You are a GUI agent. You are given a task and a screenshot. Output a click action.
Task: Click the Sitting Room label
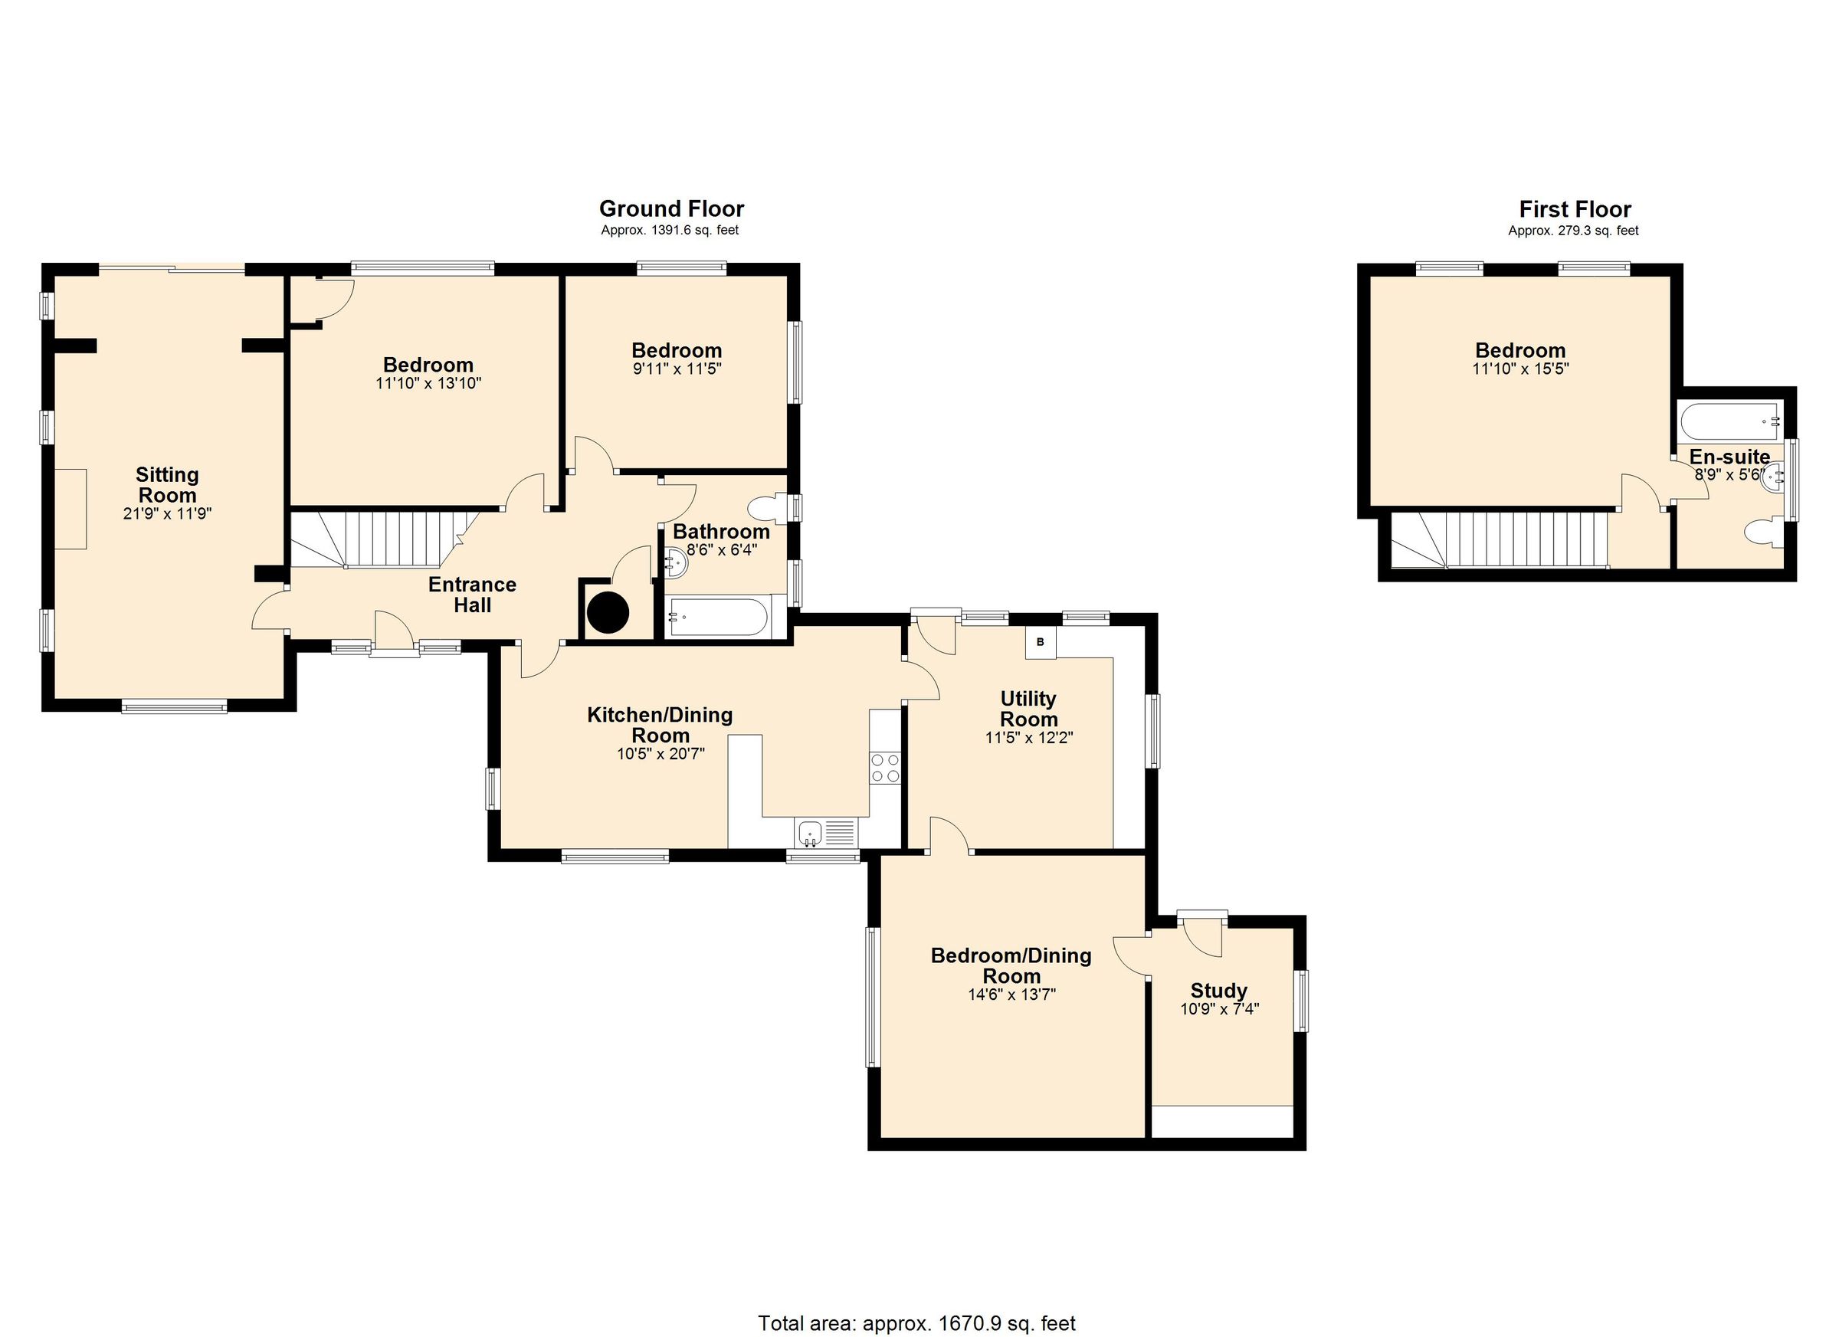(x=167, y=485)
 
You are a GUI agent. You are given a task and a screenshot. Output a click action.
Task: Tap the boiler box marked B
(x=1041, y=641)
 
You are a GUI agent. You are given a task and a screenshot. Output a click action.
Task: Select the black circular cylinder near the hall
(x=608, y=613)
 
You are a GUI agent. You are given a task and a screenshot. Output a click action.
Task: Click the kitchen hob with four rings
(x=884, y=768)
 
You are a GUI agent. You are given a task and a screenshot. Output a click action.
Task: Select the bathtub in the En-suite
(x=1729, y=421)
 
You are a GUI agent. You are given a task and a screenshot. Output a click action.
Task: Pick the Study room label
(x=1218, y=991)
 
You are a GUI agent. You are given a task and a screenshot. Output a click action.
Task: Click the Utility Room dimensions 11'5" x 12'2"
(x=1029, y=738)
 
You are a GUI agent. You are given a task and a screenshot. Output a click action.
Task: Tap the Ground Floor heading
(x=671, y=208)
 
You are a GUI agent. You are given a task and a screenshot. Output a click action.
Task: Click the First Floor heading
(x=1575, y=209)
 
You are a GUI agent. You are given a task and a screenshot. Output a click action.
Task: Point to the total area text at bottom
(x=916, y=1323)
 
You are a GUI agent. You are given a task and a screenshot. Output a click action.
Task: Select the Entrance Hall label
(x=472, y=595)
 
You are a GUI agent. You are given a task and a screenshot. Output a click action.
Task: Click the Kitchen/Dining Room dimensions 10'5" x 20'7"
(x=660, y=753)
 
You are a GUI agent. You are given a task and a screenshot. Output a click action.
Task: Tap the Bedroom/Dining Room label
(x=1011, y=965)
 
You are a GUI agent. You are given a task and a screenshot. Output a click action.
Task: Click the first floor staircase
(x=1500, y=539)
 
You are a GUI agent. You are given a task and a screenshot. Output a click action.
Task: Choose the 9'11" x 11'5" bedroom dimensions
(x=677, y=369)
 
